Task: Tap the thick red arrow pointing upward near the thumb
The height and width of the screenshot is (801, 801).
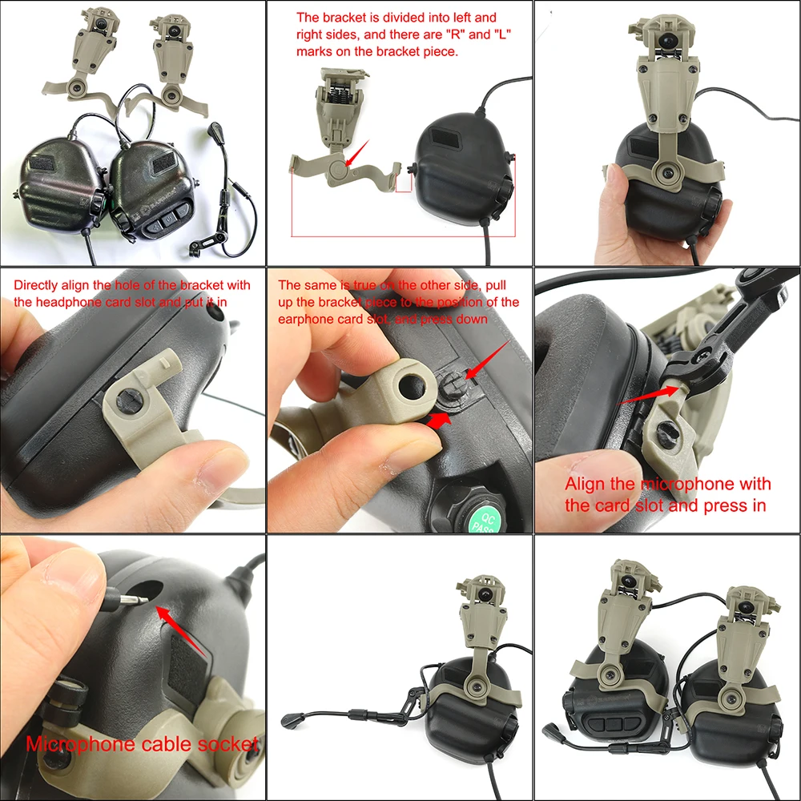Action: pyautogui.click(x=437, y=417)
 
